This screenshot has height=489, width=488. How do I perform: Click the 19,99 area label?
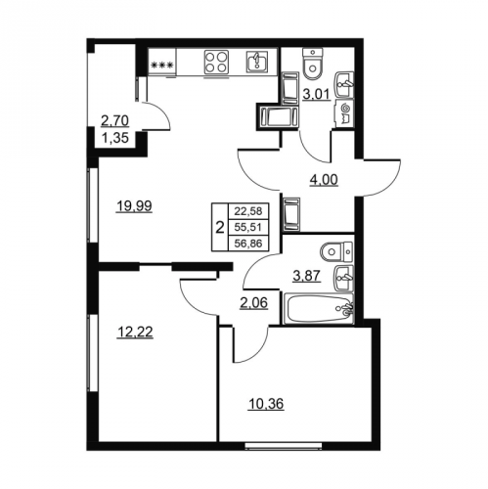(134, 206)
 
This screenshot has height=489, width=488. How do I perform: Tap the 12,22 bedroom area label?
(135, 333)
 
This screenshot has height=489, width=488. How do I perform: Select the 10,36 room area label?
(266, 404)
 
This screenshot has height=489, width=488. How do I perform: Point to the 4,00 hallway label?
(323, 179)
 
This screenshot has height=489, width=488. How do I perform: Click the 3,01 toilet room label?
(316, 95)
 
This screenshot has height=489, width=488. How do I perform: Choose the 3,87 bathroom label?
(307, 276)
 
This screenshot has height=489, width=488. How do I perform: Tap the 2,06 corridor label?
(253, 303)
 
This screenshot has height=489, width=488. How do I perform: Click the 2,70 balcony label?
(114, 121)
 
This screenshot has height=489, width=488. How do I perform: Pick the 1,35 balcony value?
(114, 138)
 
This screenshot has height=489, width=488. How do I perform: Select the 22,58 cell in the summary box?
(248, 211)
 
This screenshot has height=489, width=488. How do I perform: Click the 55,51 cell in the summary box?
(248, 227)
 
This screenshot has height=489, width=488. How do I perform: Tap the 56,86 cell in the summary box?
(248, 243)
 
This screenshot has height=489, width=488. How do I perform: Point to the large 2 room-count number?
(220, 227)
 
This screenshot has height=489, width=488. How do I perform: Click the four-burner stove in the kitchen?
(216, 63)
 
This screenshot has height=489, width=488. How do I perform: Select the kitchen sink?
(256, 62)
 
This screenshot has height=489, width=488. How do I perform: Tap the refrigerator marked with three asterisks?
(162, 63)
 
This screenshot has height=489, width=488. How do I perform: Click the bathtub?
(319, 309)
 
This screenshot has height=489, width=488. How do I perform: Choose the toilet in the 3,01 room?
(313, 65)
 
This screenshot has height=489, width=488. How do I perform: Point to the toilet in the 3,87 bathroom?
(336, 252)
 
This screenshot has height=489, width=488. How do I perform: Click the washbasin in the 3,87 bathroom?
(343, 278)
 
